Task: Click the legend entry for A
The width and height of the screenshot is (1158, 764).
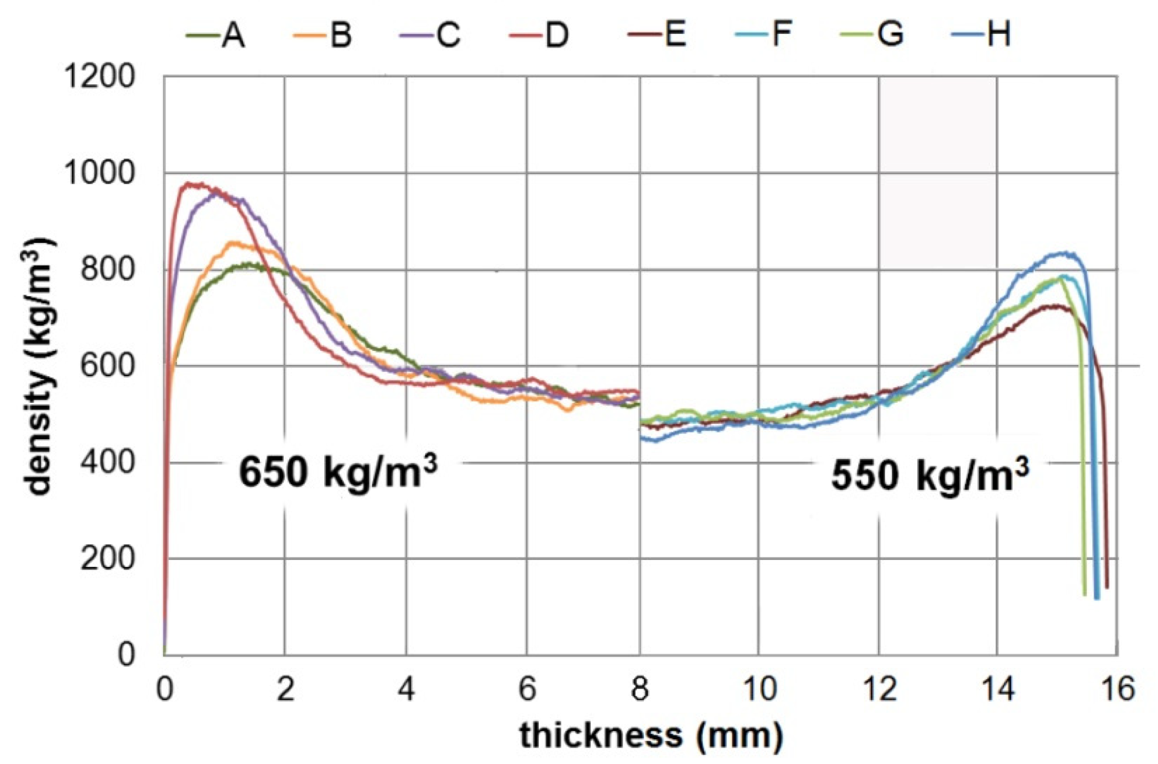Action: pos(216,35)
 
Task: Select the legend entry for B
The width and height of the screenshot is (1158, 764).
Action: pos(323,35)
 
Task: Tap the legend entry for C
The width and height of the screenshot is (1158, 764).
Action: pos(430,35)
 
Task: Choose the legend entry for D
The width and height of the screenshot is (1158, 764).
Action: pos(539,35)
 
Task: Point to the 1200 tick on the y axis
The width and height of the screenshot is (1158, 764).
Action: pos(99,77)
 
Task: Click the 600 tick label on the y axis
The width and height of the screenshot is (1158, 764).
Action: pos(107,366)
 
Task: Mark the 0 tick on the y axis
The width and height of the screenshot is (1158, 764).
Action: pos(126,655)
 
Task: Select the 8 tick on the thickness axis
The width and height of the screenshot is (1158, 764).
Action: pos(639,689)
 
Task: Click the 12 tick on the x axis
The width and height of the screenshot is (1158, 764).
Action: pos(879,689)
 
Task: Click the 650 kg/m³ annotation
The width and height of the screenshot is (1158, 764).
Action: pos(338,472)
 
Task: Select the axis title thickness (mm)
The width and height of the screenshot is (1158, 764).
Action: pos(651,735)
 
